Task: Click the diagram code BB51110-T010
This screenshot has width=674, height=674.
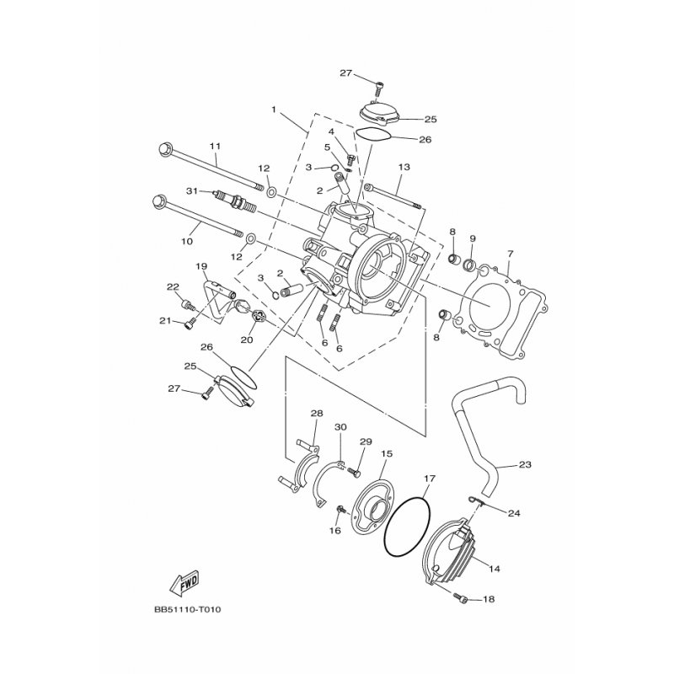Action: tap(187, 609)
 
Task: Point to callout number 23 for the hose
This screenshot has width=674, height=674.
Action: tap(525, 465)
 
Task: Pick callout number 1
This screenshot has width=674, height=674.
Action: tap(273, 110)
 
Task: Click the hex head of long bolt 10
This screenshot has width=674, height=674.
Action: tap(161, 202)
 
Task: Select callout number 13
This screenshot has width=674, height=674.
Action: tap(404, 167)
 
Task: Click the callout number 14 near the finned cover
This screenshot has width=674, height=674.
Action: tap(495, 569)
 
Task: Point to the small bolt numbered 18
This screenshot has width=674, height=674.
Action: tap(461, 597)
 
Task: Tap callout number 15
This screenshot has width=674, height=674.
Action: tap(387, 454)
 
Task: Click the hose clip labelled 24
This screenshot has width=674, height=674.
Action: tap(477, 500)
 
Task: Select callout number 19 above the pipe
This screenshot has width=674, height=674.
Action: tap(201, 266)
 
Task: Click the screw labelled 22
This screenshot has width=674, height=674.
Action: tap(187, 306)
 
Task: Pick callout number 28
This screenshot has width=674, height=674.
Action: tap(317, 414)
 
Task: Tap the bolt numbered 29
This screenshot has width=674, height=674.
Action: tap(354, 472)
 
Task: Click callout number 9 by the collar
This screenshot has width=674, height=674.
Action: tap(473, 238)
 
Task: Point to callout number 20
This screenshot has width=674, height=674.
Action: tap(246, 340)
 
